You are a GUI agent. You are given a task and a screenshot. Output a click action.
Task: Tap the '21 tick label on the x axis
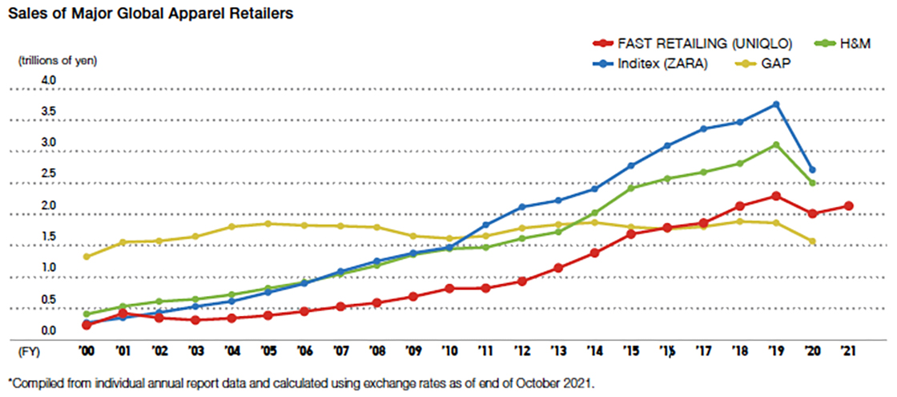click(848, 351)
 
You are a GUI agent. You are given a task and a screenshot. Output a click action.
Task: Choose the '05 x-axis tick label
click(268, 351)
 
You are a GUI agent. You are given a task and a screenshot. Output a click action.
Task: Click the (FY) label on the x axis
click(30, 351)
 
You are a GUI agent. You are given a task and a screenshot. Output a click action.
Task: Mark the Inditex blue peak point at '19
click(776, 104)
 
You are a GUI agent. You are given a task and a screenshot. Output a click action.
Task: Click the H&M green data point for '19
click(776, 145)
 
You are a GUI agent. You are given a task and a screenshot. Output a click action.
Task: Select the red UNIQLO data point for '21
click(848, 206)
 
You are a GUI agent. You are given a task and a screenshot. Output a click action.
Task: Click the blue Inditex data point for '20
click(812, 169)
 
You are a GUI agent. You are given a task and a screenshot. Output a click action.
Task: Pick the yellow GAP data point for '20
click(812, 241)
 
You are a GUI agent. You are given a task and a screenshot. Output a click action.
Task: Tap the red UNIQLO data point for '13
click(559, 268)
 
